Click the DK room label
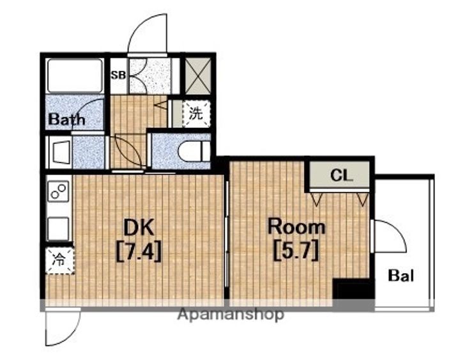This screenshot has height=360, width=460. point(139,228)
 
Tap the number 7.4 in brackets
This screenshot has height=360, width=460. point(139,252)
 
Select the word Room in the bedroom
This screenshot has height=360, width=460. point(296,226)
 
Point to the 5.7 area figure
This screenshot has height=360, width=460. point(296,251)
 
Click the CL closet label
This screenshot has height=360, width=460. point(341,175)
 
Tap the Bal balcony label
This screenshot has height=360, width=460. point(401,276)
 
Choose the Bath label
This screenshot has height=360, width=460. point(66,119)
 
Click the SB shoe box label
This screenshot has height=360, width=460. point(118,75)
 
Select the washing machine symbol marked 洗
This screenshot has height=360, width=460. point(195,114)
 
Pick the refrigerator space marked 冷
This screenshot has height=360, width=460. point(59,260)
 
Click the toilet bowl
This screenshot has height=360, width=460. point(194,151)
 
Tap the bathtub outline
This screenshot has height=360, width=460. point(75,75)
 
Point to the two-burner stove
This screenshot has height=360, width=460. point(59,191)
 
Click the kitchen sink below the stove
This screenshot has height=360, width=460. point(58,228)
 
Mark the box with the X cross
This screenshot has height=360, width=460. point(198,76)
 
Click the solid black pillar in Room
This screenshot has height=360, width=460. point(354,288)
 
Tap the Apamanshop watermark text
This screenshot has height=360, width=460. point(231,314)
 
